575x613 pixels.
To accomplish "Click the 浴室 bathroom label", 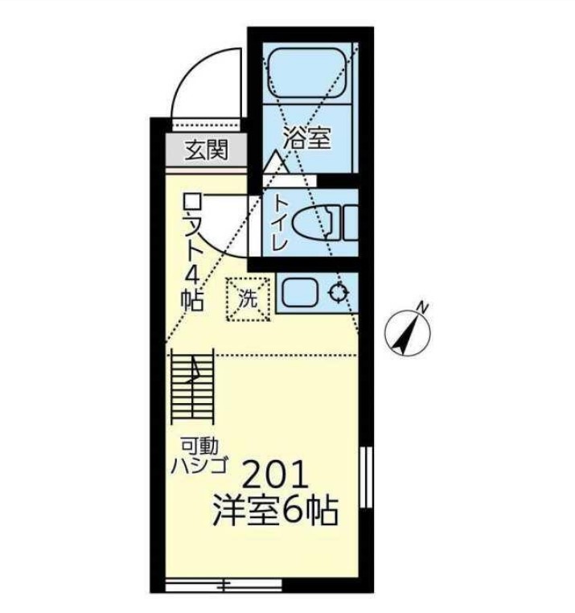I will point(306,138).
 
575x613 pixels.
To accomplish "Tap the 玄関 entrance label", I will point(207,150).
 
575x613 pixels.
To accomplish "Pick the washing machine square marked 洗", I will point(248,299).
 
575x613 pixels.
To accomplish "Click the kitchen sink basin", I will point(302,293).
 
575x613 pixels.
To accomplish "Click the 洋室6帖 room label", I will point(274,512).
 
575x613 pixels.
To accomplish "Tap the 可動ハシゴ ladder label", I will point(202,455).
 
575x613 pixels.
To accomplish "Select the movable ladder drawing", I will point(192,385).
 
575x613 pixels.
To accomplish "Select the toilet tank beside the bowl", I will point(351,221).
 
